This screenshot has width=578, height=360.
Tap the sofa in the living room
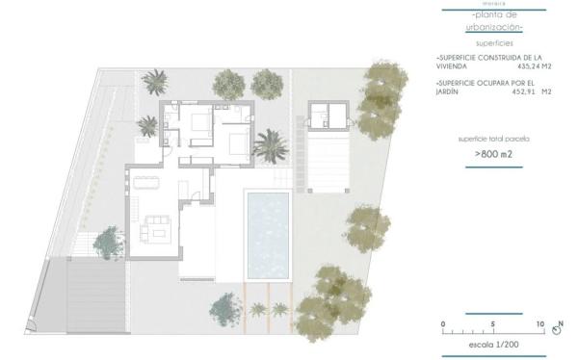(x=156, y=227)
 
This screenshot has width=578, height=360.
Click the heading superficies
(x=493, y=43)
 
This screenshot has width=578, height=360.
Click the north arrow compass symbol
(x=557, y=329)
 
